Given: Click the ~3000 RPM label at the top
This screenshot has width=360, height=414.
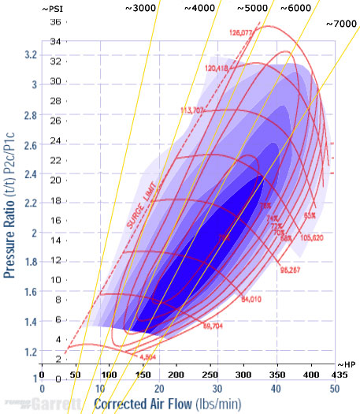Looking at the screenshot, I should coord(143,8).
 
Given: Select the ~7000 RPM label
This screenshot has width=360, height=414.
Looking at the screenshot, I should coord(341,24).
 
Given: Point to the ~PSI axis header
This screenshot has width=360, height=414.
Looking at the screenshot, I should coord(52,8).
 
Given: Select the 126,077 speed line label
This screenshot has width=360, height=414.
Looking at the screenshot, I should coord(240,33).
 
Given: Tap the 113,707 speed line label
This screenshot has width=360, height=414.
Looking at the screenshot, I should coord(193,110).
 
